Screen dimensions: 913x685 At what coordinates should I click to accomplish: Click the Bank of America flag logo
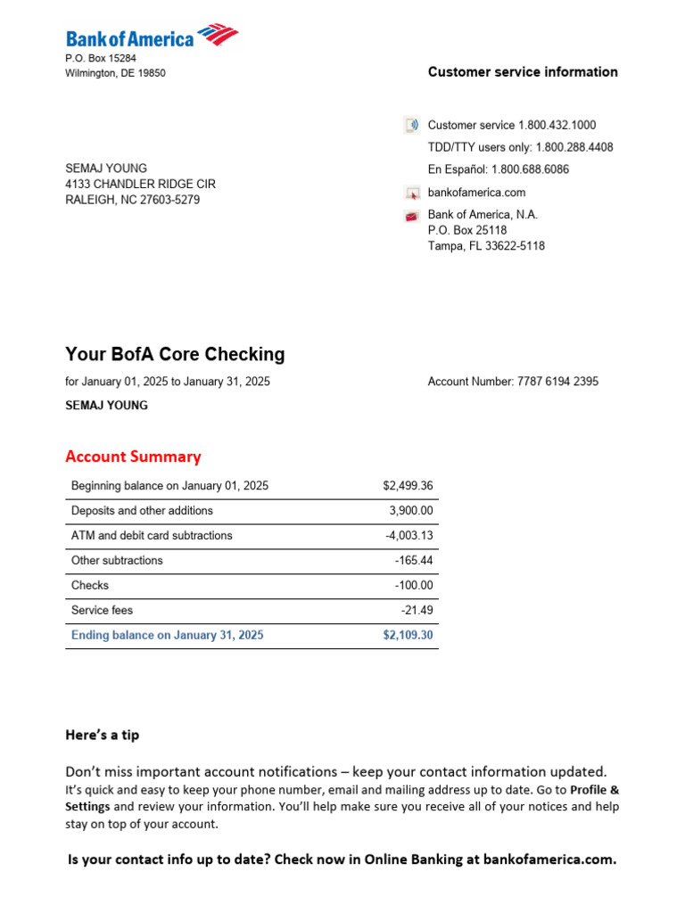coord(218,35)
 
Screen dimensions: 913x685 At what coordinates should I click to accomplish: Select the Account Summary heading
coord(133,456)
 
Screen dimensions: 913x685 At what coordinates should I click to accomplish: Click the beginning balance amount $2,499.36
coord(408,486)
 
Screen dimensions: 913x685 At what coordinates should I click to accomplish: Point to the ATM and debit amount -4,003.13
coord(409,536)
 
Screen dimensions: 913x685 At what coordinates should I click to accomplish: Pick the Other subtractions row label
coord(117,561)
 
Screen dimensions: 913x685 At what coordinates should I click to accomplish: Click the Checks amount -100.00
coord(413,586)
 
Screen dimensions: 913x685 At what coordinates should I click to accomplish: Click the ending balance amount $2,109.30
coord(408,636)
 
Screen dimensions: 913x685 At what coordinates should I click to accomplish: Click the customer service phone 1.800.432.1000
coord(557,126)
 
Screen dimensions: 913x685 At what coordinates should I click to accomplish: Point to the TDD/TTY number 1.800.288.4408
coord(574,147)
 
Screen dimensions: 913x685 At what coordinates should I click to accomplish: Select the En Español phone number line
coord(499,169)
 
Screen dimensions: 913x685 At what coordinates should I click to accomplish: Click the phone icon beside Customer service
coord(411,126)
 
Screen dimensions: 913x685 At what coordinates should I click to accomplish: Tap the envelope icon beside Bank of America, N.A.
coord(411,215)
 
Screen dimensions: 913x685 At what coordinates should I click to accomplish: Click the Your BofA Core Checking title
coord(175,354)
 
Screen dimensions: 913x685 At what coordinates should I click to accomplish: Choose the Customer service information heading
coord(523,72)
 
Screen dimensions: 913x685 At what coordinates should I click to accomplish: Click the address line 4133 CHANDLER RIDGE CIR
coord(140,184)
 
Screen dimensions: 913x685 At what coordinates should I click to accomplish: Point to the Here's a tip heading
coord(102,736)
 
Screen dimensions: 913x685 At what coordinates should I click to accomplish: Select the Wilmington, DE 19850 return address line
coord(115,73)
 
